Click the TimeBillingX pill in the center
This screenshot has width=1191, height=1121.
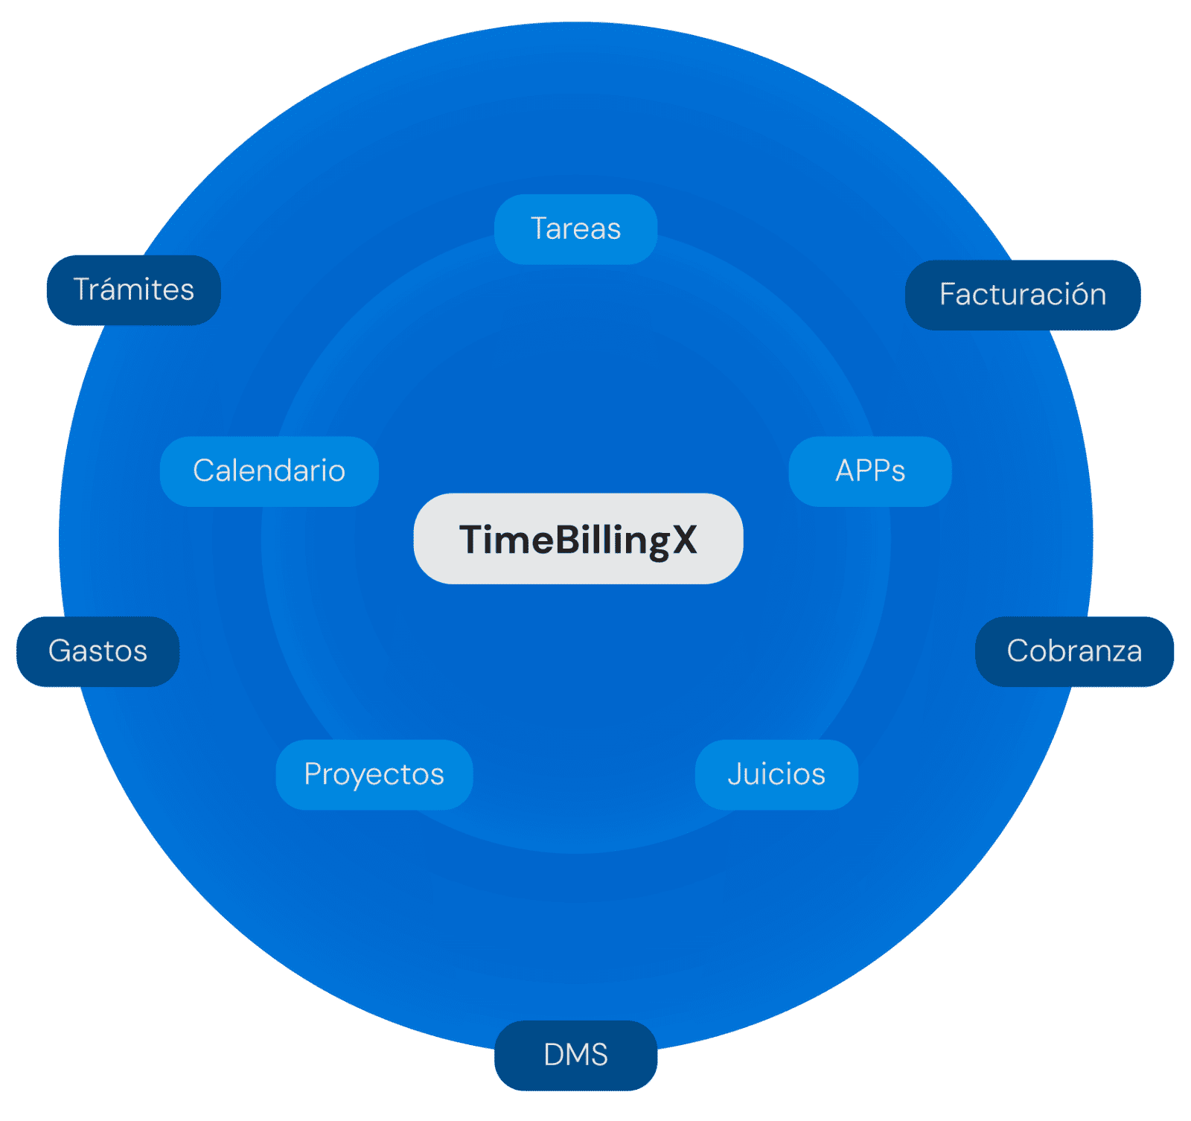coord(578,538)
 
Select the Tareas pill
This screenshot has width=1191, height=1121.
coord(575,229)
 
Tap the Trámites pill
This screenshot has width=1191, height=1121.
coord(133,290)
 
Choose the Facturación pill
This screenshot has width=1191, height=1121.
coord(1022,294)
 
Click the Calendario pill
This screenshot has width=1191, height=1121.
coord(269,470)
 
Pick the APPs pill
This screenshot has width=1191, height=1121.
coord(869,470)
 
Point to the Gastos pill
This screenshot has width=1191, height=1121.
coord(98,651)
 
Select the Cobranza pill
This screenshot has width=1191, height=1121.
coord(1073,651)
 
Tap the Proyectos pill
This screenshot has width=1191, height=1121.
coord(374,774)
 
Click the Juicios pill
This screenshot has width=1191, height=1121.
coord(776,774)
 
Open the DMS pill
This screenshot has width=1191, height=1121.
coord(575,1055)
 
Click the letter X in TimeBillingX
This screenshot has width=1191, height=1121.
coord(684,540)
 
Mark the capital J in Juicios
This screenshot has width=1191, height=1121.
coord(734,774)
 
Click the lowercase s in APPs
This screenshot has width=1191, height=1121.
coord(898,472)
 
